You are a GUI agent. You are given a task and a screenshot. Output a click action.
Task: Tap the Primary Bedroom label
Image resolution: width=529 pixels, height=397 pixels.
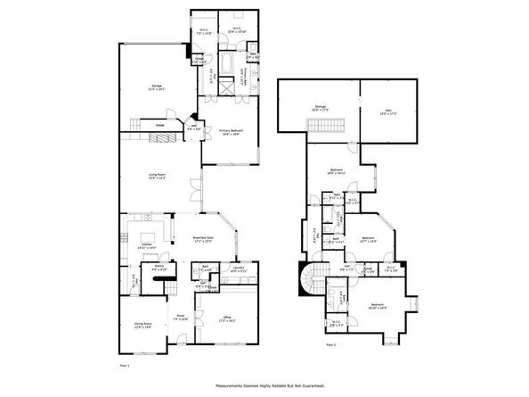coord(232,132)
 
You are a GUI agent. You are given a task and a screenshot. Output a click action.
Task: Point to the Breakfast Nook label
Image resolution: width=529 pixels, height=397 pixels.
coord(205,238)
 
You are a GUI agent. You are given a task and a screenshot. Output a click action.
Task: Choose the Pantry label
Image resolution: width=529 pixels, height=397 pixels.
coord(160,266)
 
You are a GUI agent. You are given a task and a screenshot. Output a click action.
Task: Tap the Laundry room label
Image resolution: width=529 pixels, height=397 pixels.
coord(238,268)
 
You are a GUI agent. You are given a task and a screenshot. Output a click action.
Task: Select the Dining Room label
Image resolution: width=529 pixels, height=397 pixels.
coord(142,326)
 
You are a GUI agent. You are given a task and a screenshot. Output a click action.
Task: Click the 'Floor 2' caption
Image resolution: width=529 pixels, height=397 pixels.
coord(330,343)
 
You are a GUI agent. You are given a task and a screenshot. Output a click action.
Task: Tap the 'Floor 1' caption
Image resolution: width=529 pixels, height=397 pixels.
coord(126,366)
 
